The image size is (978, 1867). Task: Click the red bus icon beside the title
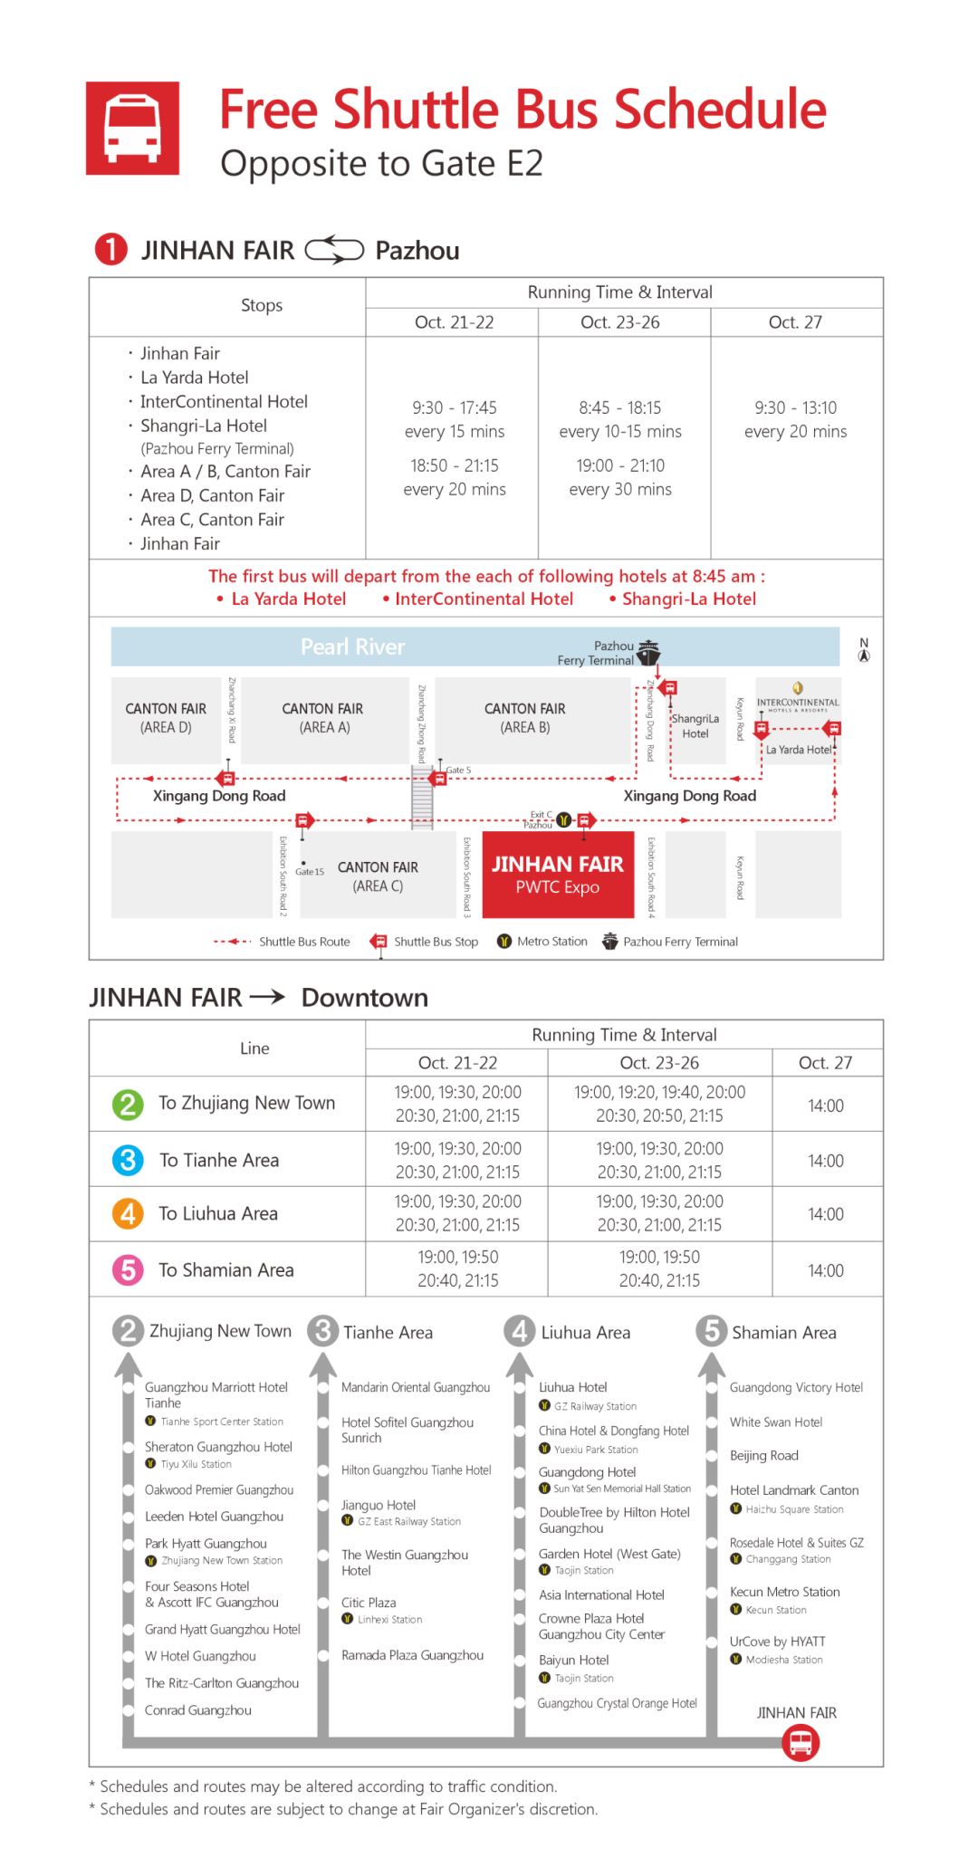click(132, 128)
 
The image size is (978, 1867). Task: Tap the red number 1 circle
click(110, 249)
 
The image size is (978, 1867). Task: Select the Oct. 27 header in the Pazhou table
click(795, 322)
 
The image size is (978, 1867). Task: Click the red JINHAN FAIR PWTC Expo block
click(557, 875)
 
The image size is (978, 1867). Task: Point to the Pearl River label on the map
click(352, 646)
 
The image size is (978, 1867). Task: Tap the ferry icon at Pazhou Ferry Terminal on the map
click(648, 652)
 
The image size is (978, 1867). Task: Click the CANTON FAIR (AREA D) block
click(166, 718)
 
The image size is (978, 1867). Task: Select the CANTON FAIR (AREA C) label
click(378, 876)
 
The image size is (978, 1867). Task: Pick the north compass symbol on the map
click(864, 650)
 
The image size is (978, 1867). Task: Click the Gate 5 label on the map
click(458, 770)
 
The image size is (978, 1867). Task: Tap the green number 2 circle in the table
click(128, 1104)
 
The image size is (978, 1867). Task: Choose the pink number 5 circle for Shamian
click(128, 1269)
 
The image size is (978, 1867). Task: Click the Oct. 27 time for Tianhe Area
click(825, 1161)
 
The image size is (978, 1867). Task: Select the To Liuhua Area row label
click(218, 1213)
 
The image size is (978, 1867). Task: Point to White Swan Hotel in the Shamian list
click(776, 1422)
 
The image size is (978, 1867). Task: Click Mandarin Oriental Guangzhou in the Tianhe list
click(415, 1387)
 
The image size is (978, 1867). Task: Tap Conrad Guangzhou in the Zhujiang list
click(198, 1710)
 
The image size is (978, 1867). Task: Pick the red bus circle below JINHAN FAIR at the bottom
click(801, 1742)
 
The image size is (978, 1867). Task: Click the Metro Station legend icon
click(504, 942)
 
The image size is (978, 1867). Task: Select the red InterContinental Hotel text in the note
click(484, 598)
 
